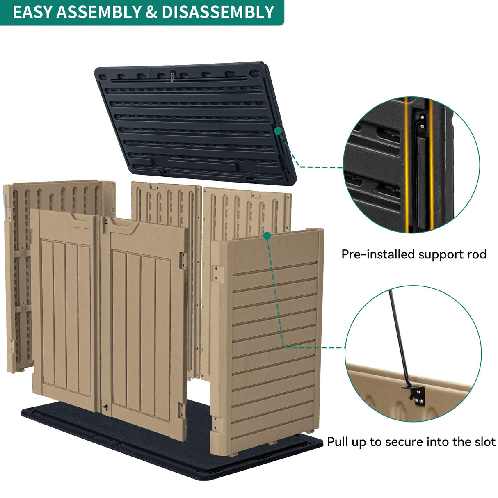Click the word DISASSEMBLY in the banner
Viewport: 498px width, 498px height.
[218, 12]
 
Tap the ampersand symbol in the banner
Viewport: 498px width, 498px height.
[151, 12]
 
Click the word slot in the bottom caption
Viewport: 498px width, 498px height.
[484, 442]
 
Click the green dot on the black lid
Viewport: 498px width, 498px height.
[278, 131]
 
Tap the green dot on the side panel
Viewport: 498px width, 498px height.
[267, 236]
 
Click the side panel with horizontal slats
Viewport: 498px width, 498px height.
[271, 340]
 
